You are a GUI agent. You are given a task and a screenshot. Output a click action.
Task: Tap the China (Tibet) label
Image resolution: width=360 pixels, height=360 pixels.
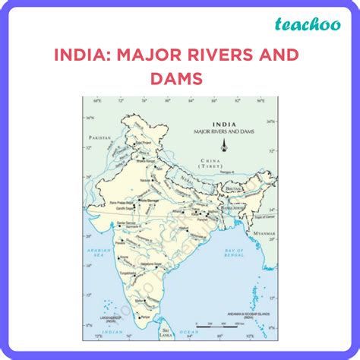(210, 163)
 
